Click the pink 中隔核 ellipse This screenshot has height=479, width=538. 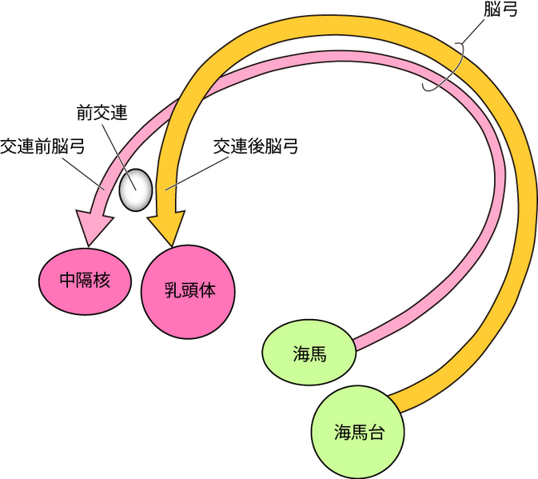(x=84, y=281)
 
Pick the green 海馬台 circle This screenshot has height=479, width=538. (x=359, y=433)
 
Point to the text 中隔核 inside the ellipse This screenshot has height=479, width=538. (x=84, y=281)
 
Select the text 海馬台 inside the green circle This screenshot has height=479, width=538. (x=359, y=433)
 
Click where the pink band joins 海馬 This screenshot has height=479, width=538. (x=355, y=345)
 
